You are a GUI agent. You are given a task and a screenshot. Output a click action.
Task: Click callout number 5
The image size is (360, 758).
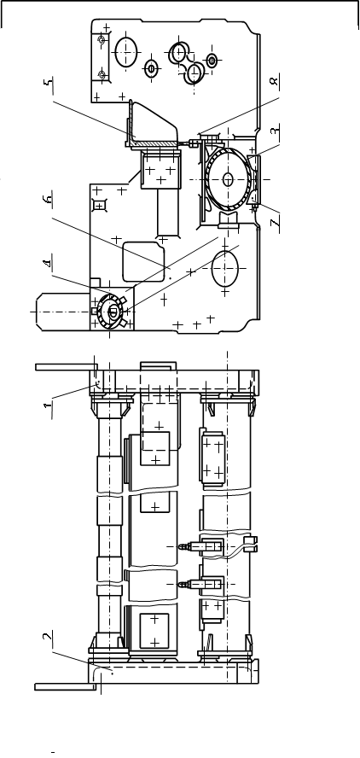pyautogui.click(x=49, y=83)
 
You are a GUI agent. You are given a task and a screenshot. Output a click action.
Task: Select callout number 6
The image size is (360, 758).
pyautogui.click(x=49, y=200)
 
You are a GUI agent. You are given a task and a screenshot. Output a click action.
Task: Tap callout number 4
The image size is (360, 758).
pyautogui.click(x=48, y=264)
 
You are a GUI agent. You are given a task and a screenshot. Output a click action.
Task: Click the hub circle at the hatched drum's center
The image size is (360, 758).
pyautogui.click(x=228, y=179)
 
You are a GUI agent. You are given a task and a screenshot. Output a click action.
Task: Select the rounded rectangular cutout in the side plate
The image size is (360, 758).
pyautogui.click(x=143, y=261)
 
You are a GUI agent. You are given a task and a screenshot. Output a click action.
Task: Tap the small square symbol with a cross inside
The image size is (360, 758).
pyautogui.click(x=100, y=207)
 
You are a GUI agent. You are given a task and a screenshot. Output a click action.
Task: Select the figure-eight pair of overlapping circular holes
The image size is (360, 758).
pyautogui.click(x=186, y=63)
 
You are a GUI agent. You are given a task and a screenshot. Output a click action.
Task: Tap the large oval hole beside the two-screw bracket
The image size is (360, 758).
pyautogui.click(x=126, y=51)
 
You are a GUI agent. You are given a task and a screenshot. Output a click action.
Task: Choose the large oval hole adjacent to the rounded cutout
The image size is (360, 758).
pyautogui.click(x=225, y=268)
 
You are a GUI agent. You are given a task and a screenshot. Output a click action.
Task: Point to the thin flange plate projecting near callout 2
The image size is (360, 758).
pyautogui.click(x=62, y=686)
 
